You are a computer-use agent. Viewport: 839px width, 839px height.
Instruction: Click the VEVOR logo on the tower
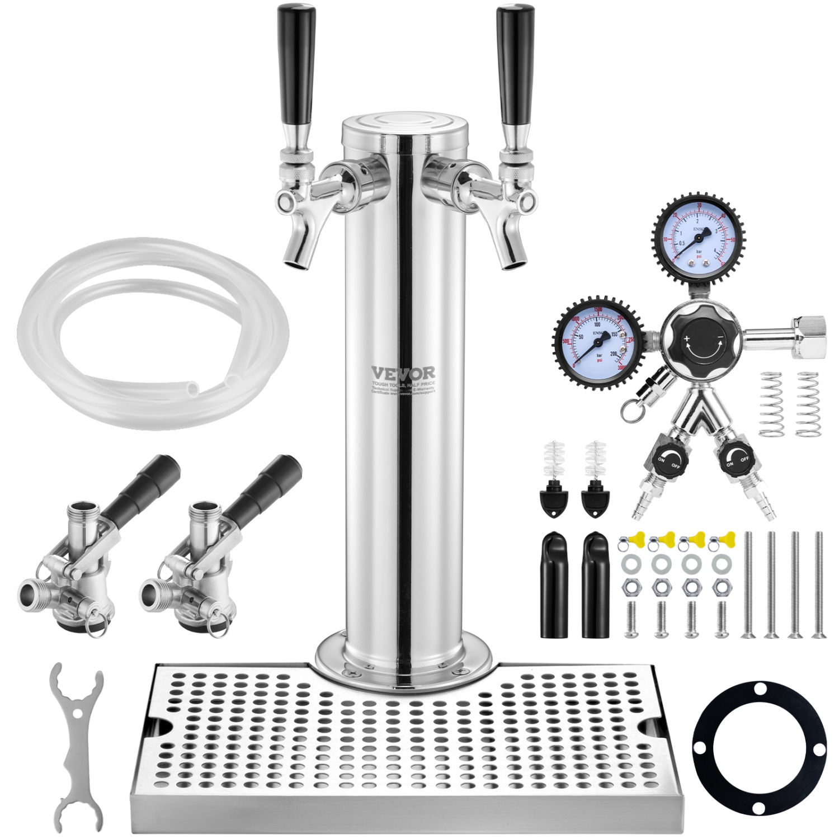coord(403,373)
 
